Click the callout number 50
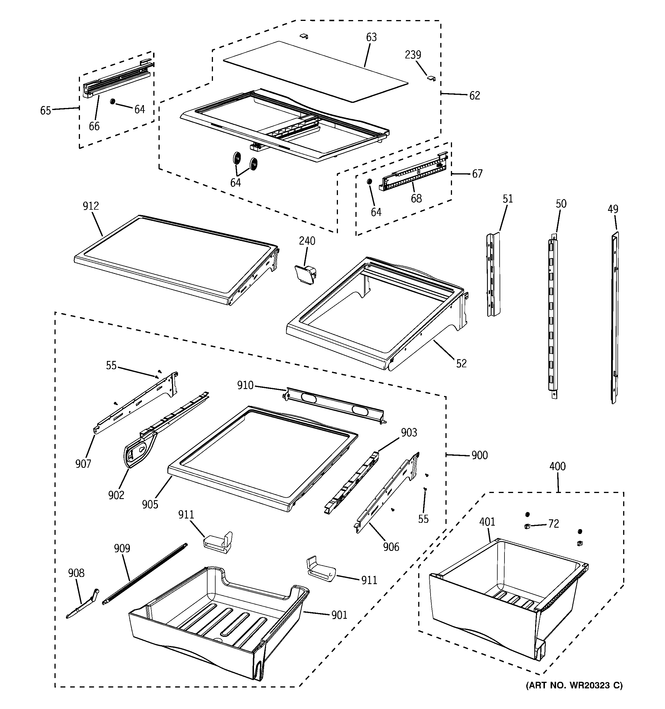pyautogui.click(x=561, y=204)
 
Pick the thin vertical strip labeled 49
pyautogui.click(x=614, y=317)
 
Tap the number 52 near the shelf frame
pyautogui.click(x=461, y=364)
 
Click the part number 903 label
pyautogui.click(x=409, y=433)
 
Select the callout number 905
pyautogui.click(x=150, y=504)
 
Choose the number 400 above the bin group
pyautogui.click(x=557, y=466)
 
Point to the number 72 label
pyautogui.click(x=553, y=524)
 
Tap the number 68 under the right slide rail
pyautogui.click(x=416, y=198)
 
